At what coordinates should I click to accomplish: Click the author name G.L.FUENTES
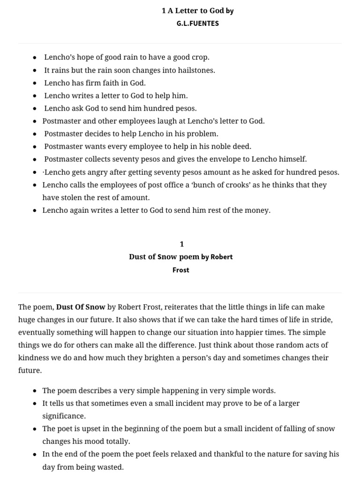click(197, 23)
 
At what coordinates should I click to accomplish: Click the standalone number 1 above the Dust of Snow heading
click(182, 244)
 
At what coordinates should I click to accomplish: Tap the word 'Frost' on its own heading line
click(180, 270)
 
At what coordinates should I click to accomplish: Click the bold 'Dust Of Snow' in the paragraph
click(81, 307)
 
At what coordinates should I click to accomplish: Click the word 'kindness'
click(34, 358)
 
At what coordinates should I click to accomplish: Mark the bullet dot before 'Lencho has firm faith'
click(35, 83)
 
